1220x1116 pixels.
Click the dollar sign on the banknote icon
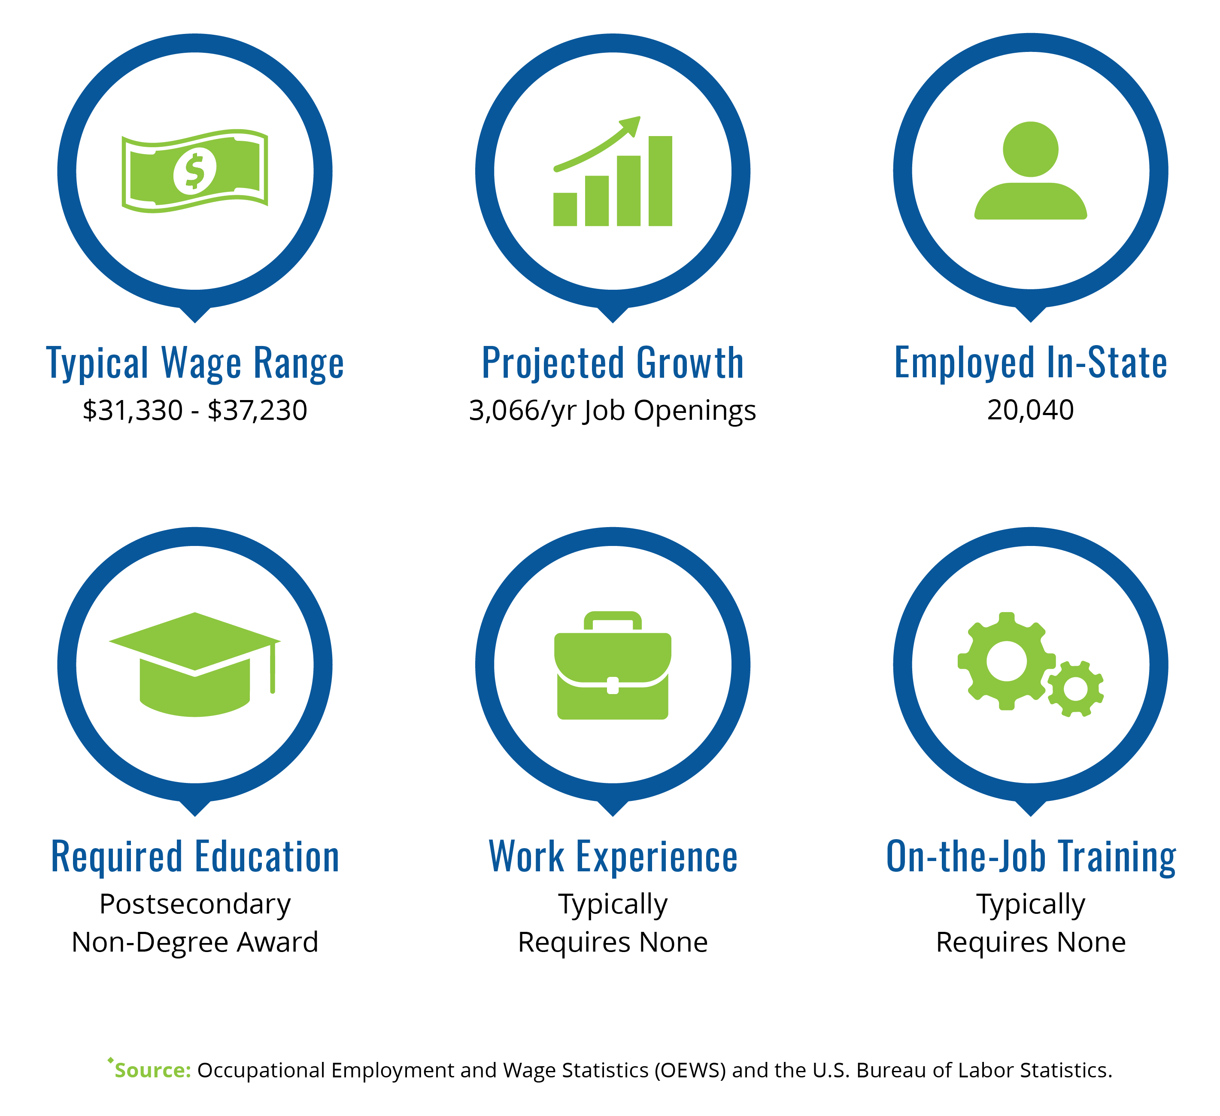(194, 171)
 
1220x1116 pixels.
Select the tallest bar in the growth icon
(660, 181)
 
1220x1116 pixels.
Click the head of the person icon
(1031, 149)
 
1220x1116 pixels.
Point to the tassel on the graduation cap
(273, 668)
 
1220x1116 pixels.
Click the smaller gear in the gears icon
(1075, 689)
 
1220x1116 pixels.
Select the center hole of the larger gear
(1006, 661)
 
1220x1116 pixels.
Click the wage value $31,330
(133, 410)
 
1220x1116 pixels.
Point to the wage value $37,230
(257, 410)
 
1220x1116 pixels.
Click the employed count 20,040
(1031, 410)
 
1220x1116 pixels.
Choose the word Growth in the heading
(690, 363)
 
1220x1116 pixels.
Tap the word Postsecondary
(195, 904)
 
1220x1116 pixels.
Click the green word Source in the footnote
(152, 1070)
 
